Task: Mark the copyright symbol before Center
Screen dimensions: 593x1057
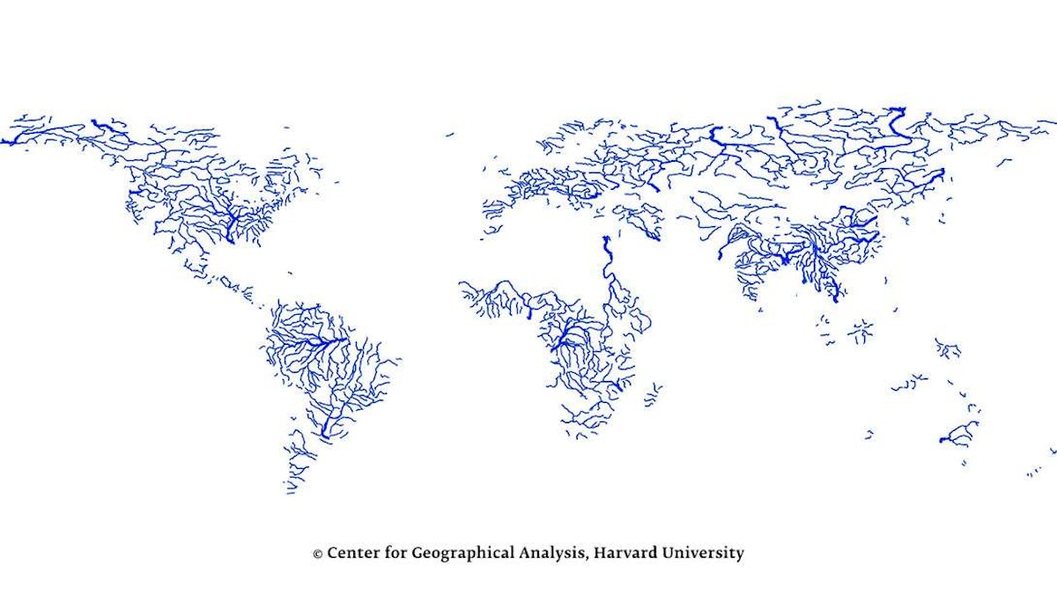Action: point(317,554)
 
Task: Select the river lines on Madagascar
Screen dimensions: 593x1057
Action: point(654,394)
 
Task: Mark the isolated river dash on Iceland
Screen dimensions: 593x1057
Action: point(450,135)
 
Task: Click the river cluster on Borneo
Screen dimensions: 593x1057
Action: point(860,331)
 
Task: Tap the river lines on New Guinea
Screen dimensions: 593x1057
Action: point(948,348)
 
